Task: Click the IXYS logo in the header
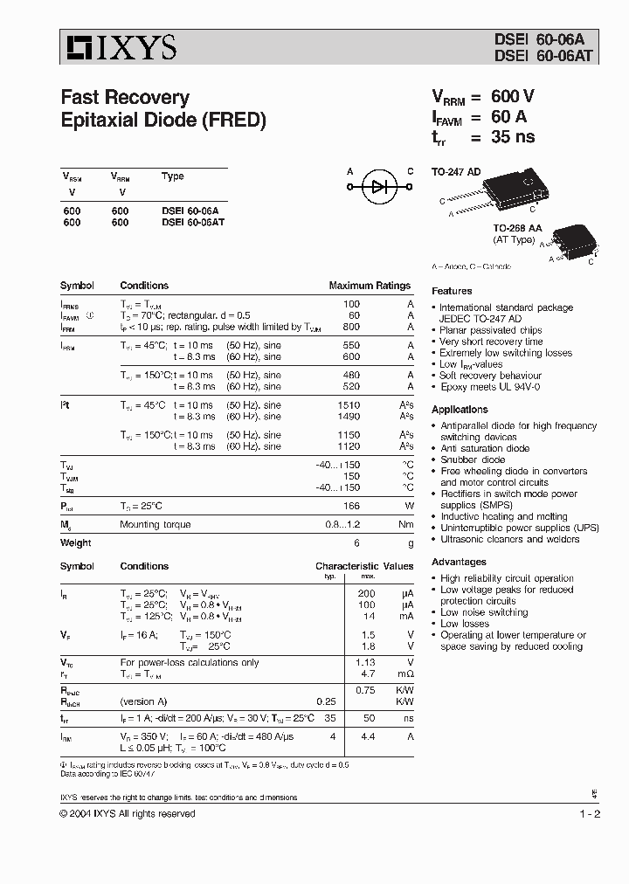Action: tap(118, 46)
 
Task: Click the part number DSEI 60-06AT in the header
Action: tap(532, 53)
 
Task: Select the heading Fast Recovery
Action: tap(124, 97)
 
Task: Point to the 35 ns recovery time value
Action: tap(513, 137)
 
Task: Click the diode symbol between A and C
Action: tap(379, 186)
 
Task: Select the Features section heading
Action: tap(452, 291)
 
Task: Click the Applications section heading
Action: tap(460, 410)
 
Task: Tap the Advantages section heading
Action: tap(459, 563)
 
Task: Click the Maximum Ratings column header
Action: tap(369, 286)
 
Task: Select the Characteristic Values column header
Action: tap(363, 566)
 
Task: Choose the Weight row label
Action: tap(75, 542)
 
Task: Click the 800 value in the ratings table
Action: tap(352, 328)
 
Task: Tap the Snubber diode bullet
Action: tap(473, 459)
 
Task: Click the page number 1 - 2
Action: tap(589, 814)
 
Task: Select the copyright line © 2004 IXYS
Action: tap(128, 814)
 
